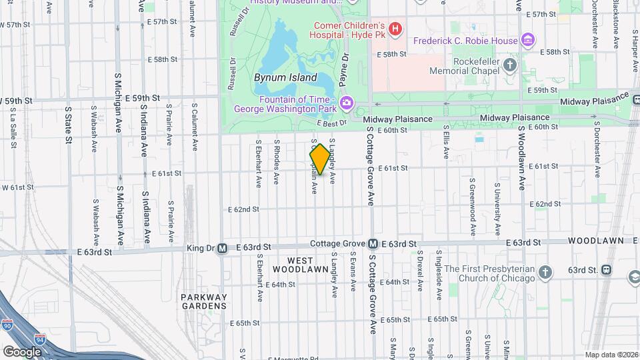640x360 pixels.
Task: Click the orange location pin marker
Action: click(320, 159)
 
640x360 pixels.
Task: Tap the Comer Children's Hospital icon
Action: click(395, 29)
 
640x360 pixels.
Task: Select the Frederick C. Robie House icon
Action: click(528, 41)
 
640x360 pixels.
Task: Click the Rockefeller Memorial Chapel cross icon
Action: click(510, 65)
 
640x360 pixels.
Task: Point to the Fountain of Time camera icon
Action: click(346, 103)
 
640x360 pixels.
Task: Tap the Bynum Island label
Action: click(280, 77)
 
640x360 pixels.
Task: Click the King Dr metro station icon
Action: click(223, 247)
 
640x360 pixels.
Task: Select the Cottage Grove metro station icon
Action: click(373, 244)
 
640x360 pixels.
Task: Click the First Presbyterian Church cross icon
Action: click(545, 273)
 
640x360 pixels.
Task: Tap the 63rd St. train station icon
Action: click(605, 270)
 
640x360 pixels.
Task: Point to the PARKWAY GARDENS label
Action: click(203, 301)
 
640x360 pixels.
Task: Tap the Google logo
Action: click(22, 351)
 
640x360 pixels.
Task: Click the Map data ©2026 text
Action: click(611, 355)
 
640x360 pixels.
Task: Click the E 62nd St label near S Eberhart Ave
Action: click(243, 209)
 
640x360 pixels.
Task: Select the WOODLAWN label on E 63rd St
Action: click(595, 240)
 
